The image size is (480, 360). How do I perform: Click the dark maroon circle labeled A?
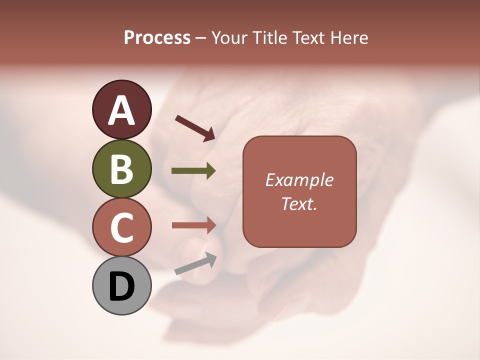tap(122, 109)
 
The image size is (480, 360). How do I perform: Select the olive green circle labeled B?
tap(122, 168)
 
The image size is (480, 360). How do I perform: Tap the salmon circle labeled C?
tap(122, 227)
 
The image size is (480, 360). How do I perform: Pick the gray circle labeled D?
tap(122, 286)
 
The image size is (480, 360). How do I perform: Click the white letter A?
tap(122, 110)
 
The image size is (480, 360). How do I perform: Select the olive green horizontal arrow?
tap(193, 171)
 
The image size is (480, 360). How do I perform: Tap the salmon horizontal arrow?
tap(193, 225)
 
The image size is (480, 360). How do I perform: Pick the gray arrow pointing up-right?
tap(195, 263)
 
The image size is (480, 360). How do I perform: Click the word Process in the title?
tap(157, 38)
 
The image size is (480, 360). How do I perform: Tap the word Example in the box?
tap(299, 180)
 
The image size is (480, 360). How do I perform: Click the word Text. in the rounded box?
tap(299, 203)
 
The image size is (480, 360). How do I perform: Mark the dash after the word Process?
tap(201, 38)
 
